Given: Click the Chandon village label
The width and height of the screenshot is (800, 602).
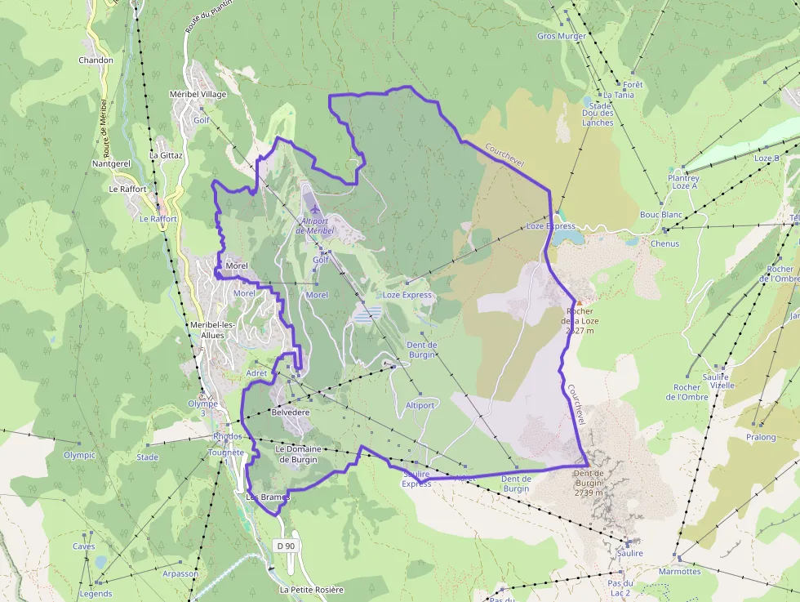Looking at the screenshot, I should [96, 60].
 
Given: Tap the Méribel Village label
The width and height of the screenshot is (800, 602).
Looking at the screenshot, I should [198, 94].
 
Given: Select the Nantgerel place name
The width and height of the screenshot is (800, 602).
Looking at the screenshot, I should [112, 163].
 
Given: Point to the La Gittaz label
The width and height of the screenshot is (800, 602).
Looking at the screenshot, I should [166, 155].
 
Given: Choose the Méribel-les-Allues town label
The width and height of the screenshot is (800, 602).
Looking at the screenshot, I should [211, 330].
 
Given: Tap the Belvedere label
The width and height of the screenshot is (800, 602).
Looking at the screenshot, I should [290, 413].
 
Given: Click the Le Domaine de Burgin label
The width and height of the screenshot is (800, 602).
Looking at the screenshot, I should [298, 454].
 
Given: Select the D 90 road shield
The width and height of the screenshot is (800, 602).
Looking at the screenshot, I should [285, 546].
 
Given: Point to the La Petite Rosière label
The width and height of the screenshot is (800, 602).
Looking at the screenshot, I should [311, 590].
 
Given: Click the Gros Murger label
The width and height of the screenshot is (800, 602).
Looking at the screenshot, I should [562, 36].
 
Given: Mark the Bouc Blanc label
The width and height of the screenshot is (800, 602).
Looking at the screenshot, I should [660, 215].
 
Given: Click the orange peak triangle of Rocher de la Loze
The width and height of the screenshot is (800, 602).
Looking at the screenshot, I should [580, 302].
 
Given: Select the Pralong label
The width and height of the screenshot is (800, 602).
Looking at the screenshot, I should [761, 437].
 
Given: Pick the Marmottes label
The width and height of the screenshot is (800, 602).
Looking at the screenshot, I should [679, 572].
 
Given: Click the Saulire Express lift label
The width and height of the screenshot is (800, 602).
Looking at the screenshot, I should [416, 479].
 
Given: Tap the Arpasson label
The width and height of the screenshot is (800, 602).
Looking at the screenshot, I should [180, 574].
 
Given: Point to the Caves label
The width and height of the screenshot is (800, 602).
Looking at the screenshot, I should [84, 547].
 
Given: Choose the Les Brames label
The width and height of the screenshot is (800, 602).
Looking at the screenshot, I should [268, 497].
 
